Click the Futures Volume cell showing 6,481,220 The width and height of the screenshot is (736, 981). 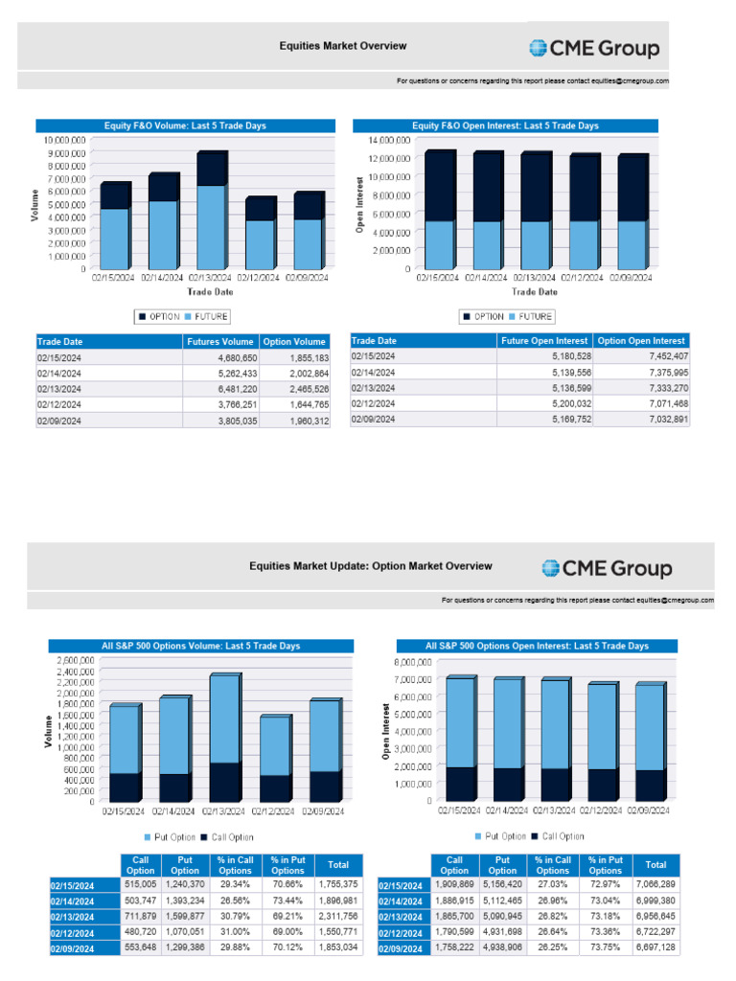coord(230,390)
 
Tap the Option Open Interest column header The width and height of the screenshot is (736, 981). coord(640,340)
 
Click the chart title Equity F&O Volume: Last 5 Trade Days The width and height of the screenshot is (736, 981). coord(186,125)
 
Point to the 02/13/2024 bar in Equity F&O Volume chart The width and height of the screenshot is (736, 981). coord(211,211)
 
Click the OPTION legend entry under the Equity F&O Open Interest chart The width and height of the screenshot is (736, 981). coord(483,316)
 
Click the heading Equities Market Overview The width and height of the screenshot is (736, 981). coord(342,46)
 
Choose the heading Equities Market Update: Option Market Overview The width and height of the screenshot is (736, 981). coord(370,566)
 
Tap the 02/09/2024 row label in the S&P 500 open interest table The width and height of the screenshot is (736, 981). coord(403,948)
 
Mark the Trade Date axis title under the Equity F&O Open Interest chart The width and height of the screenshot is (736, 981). coord(534,291)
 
